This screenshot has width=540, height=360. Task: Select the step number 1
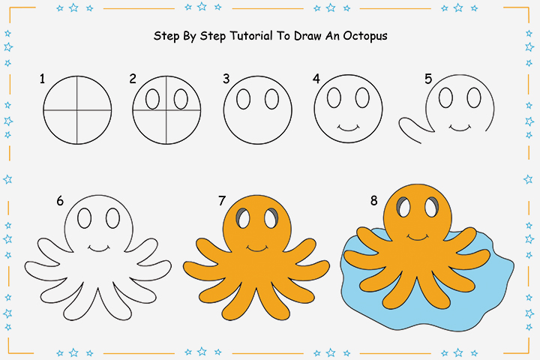point(43,78)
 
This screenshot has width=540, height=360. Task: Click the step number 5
point(428,78)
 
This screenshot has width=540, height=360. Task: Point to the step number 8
point(373,200)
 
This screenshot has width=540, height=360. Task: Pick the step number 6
point(60,200)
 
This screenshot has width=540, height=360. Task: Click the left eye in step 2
point(152,99)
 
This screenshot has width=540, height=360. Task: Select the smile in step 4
point(346,127)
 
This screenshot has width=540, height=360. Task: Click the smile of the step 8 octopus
point(418,237)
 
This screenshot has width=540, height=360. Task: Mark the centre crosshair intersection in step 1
point(77,109)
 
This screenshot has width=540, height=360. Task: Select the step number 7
point(222,200)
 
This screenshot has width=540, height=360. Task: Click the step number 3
point(226,78)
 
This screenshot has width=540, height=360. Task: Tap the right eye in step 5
point(473,97)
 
